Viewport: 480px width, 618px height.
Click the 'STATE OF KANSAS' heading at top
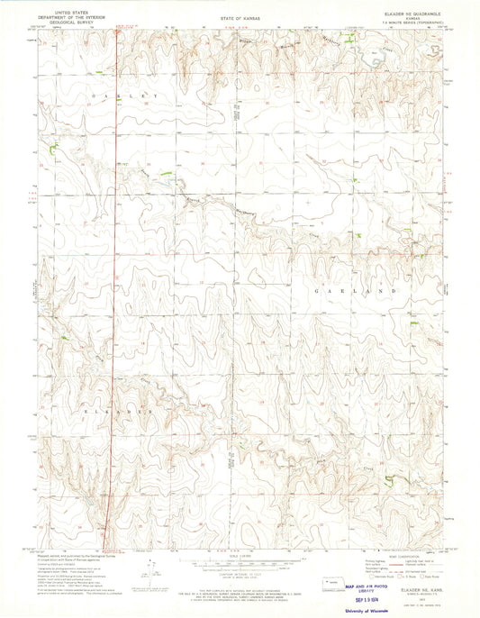point(240,17)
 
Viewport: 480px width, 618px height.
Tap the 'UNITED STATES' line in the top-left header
point(73,9)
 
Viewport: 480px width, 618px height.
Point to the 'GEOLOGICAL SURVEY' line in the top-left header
point(73,20)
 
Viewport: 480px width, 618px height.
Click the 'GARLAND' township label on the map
point(354,292)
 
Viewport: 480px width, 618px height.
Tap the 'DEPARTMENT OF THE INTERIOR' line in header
point(73,14)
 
